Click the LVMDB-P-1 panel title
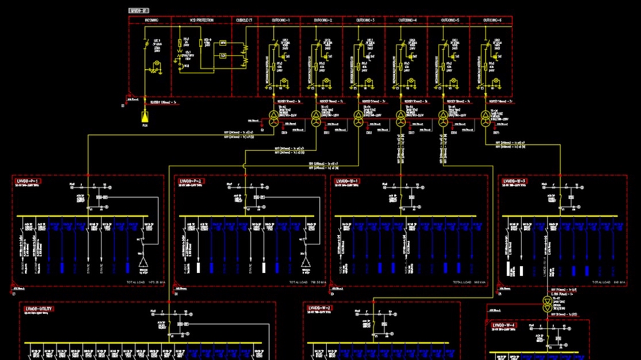27,181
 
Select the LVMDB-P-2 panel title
192,181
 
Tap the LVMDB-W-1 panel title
348,181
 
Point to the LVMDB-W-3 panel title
515,181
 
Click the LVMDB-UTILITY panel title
39,309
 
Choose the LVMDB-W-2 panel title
321,309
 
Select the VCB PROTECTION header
202,21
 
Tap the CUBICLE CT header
244,21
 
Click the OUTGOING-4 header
407,21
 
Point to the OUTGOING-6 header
491,21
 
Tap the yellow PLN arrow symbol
145,117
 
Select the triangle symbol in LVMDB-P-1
142,268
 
